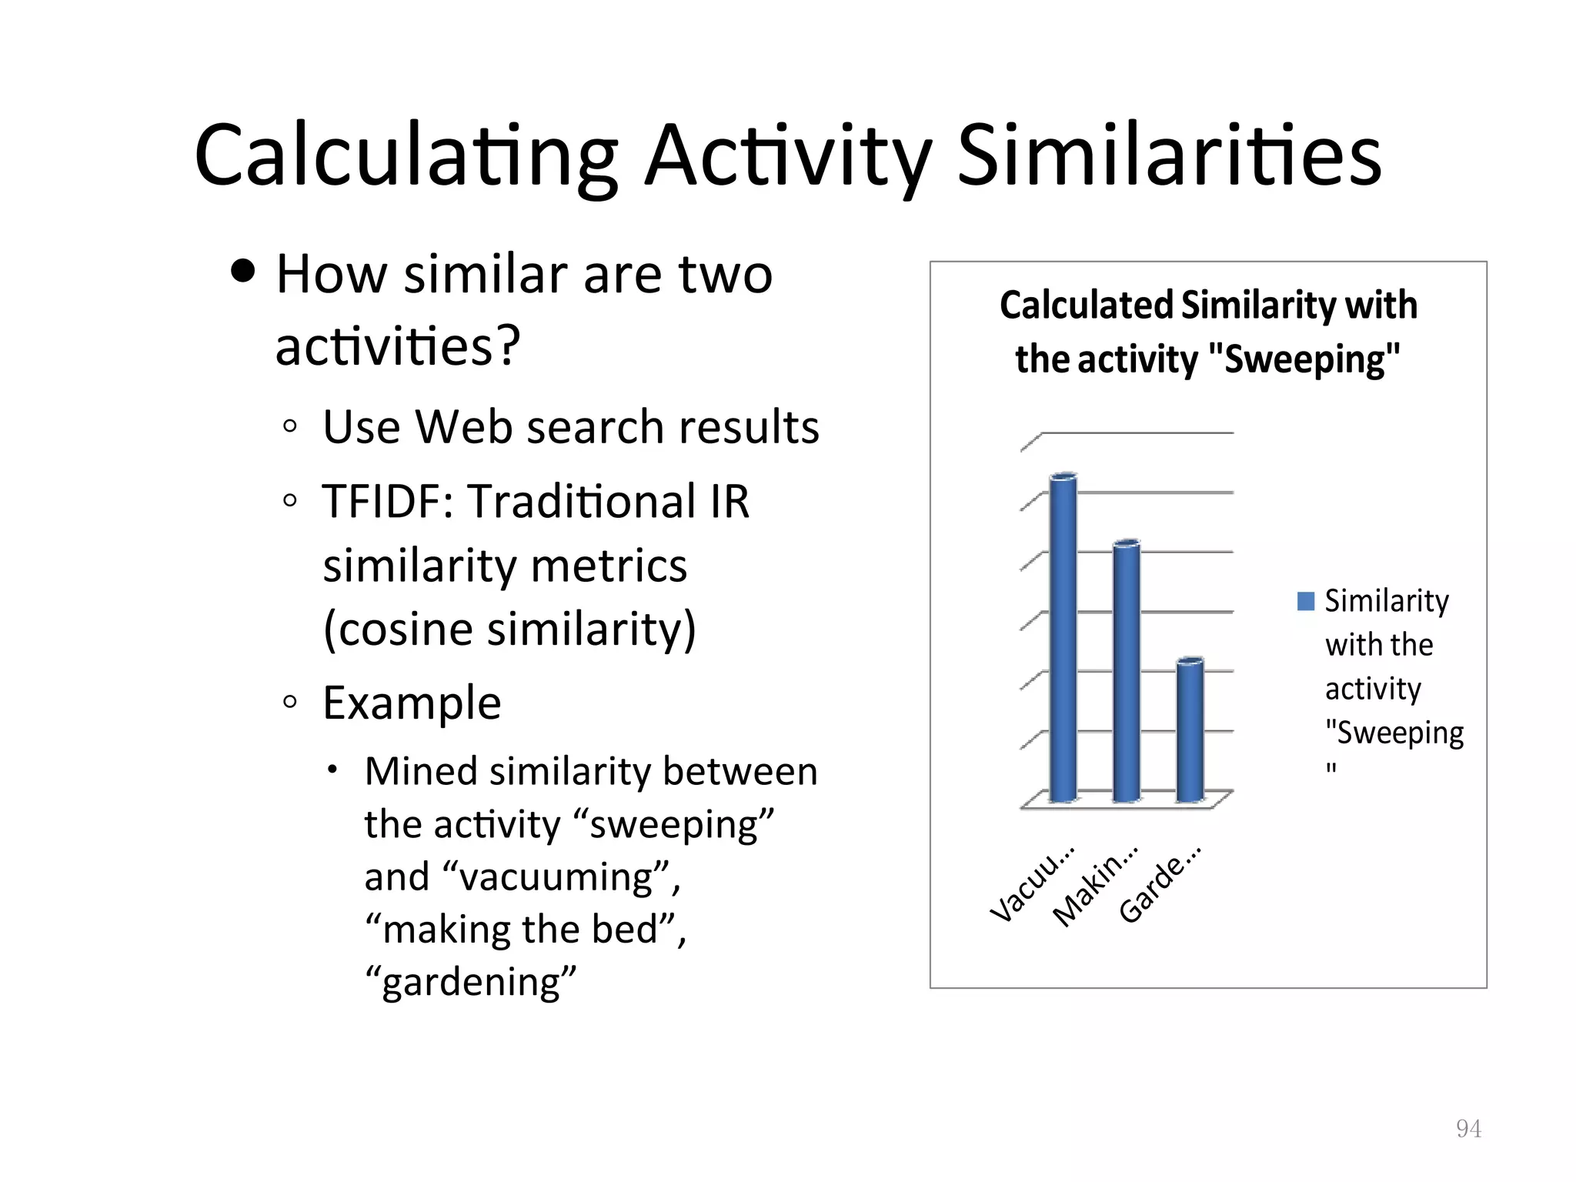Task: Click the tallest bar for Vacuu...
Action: pyautogui.click(x=1063, y=639)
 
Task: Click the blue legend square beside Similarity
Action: pyautogui.click(x=1305, y=601)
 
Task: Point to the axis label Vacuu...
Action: pyautogui.click(x=1032, y=885)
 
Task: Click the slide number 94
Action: pyautogui.click(x=1468, y=1128)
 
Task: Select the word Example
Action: pyautogui.click(x=412, y=703)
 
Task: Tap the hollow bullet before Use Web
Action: pyautogui.click(x=289, y=426)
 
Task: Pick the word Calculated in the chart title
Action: pyautogui.click(x=1086, y=305)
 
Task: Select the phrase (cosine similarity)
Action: pyautogui.click(x=509, y=629)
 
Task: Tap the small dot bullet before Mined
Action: pyautogui.click(x=332, y=770)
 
